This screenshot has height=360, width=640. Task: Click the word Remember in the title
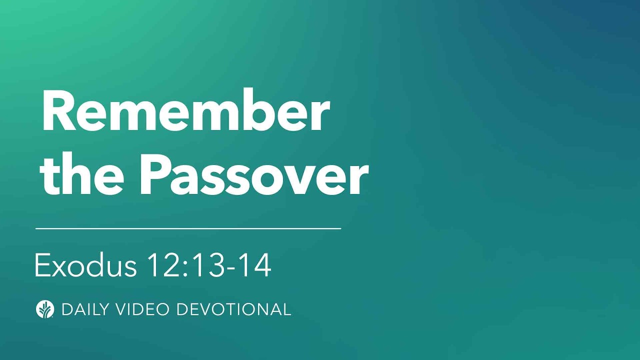[185, 112]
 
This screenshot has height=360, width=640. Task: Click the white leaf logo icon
[45, 309]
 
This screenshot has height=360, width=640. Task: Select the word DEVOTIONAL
[233, 309]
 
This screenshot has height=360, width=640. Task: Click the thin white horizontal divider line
[188, 228]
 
